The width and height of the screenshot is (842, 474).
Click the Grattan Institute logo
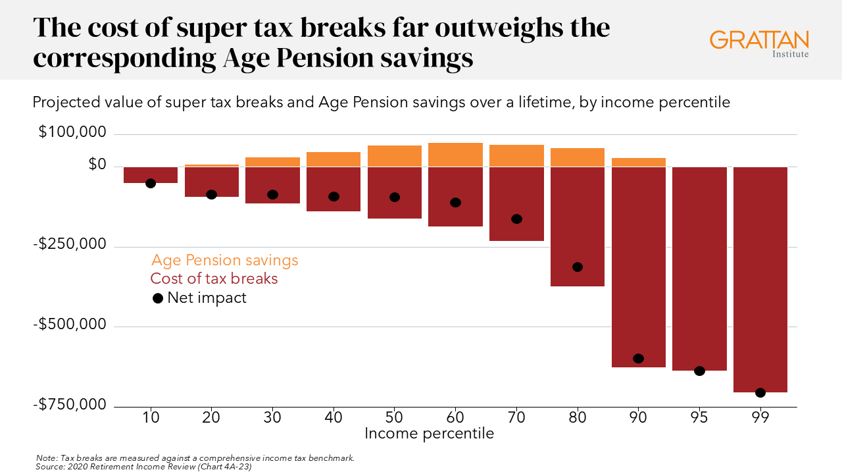[758, 43]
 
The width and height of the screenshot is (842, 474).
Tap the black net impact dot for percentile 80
[578, 267]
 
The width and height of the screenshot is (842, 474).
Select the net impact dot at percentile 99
[760, 392]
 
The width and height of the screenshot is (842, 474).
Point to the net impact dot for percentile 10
[151, 183]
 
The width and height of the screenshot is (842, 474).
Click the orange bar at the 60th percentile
[455, 155]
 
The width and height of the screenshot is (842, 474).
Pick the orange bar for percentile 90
[639, 162]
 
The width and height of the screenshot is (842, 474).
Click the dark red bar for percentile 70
[516, 197]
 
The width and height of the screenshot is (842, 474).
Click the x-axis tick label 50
[394, 417]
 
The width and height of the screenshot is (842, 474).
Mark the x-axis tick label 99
[760, 417]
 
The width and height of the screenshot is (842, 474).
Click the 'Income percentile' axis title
[429, 433]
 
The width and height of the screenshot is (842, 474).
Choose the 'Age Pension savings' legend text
[224, 260]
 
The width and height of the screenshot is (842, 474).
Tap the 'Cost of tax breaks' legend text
[214, 278]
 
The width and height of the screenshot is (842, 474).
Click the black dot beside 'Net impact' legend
[158, 298]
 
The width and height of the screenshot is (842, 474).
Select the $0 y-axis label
[97, 165]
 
